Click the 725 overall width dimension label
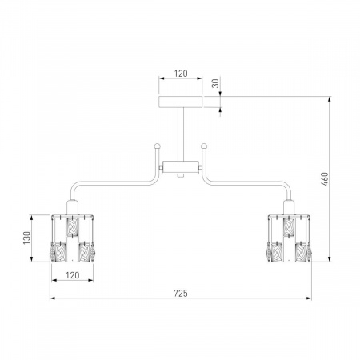pos(181,294)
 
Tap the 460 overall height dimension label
pos(325,179)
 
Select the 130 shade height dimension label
pos(26,238)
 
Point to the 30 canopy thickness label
pos(215,83)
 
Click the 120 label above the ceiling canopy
pos(181,74)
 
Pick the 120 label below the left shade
pos(73,275)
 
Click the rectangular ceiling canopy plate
pos(181,102)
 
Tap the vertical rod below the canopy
pos(181,134)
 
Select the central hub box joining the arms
pos(181,167)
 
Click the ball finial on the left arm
pos(158,146)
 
